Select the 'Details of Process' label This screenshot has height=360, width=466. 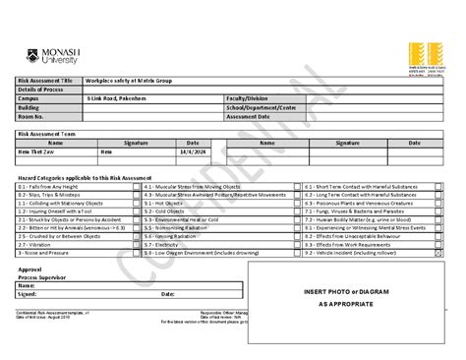tap(38, 89)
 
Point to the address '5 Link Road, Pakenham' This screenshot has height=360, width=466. tap(115, 97)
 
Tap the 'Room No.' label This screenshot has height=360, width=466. tap(31, 115)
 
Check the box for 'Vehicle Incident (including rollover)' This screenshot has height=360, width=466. tap(438, 253)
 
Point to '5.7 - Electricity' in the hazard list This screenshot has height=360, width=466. tap(163, 244)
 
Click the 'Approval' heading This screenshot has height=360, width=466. tap(30, 268)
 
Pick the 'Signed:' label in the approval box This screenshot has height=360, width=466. tap(27, 294)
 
